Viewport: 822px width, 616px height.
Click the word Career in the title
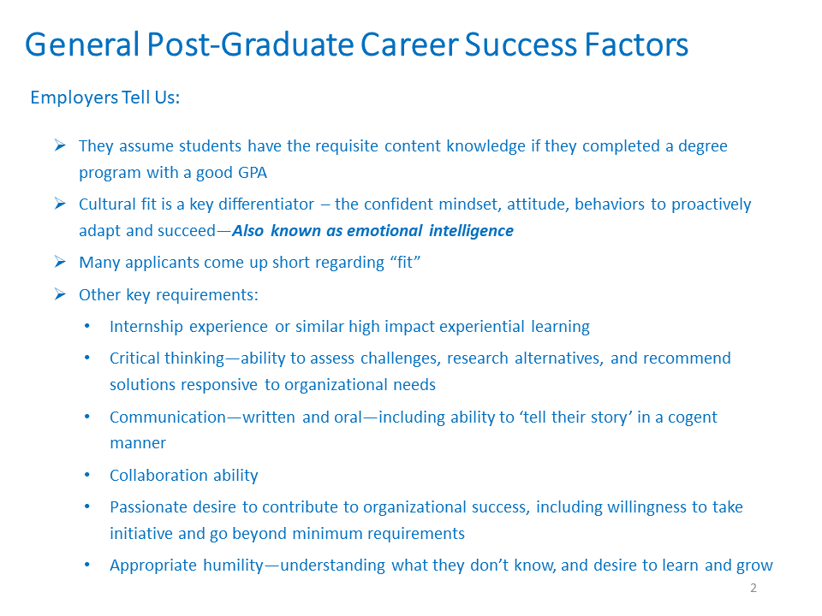409,44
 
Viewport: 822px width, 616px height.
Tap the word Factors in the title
636,44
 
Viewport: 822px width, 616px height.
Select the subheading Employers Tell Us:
105,98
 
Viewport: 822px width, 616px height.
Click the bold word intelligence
471,231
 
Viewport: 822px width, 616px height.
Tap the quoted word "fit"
405,262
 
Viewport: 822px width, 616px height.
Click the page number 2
753,588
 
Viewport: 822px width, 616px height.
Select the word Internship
146,327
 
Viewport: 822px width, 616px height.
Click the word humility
233,566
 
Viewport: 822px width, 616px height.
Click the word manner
138,444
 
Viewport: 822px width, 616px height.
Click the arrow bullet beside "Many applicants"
60,262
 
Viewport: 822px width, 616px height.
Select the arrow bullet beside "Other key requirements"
60,294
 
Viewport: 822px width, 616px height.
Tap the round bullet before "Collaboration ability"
87,475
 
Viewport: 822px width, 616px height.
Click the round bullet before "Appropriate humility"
87,565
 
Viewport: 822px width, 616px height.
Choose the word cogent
692,418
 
